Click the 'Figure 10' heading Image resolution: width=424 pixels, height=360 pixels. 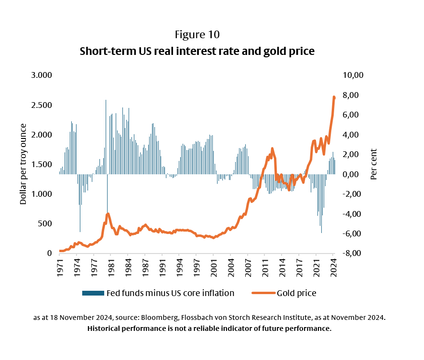(197, 35)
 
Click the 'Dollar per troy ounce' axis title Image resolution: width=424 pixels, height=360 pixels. (23, 164)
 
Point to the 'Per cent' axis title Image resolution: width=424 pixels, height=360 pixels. (374, 164)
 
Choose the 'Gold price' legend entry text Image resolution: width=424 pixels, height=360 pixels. (296, 293)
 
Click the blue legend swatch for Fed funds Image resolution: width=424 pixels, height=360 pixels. (93, 293)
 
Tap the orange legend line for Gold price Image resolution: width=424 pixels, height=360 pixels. (261, 293)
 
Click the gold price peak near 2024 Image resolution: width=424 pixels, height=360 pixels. (334, 97)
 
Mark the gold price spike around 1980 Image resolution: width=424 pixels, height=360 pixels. (108, 214)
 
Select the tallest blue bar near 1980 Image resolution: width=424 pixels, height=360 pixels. (106, 100)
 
